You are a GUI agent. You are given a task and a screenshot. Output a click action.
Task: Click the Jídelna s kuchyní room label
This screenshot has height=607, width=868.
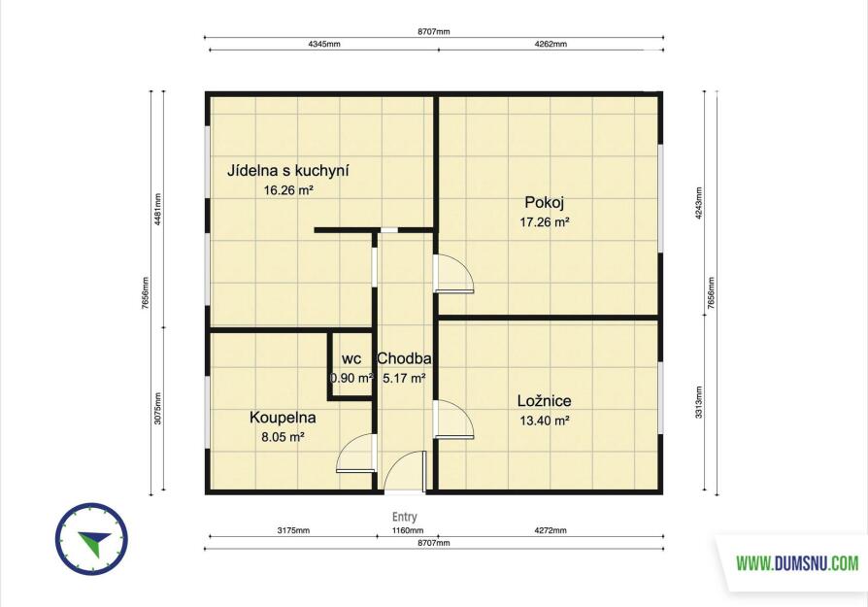point(287,171)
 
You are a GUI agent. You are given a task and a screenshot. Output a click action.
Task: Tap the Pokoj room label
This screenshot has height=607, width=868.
point(545,203)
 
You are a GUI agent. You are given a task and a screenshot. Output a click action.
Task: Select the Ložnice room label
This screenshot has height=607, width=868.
point(545,401)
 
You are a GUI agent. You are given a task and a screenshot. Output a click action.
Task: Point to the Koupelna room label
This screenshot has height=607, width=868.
point(283,418)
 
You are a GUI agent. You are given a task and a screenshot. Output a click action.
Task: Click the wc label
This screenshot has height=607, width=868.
point(351,359)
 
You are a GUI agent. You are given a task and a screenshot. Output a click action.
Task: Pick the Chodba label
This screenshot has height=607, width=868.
point(404,359)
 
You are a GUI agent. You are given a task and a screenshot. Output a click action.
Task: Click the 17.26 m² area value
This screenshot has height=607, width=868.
point(545,222)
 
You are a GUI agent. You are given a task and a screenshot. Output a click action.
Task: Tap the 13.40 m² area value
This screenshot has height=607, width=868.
point(545,421)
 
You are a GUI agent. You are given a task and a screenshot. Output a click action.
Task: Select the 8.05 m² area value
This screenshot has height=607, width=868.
point(283,438)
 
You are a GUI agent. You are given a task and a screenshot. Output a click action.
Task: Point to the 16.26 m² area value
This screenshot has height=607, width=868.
point(288,191)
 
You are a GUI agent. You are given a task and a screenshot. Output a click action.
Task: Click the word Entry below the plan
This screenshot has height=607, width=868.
point(405,517)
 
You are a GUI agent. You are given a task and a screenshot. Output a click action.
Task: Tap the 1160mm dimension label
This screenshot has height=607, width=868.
point(408,530)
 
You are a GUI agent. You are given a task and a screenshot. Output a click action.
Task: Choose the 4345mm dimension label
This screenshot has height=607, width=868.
point(324,45)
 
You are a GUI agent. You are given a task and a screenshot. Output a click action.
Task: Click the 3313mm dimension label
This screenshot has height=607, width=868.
point(699,402)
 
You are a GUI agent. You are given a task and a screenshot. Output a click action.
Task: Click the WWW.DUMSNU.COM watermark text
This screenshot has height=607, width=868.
point(797,564)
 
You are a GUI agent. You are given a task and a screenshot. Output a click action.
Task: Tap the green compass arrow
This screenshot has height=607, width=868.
point(95,541)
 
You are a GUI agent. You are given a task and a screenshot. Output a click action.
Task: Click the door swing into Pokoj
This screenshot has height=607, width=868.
point(454,273)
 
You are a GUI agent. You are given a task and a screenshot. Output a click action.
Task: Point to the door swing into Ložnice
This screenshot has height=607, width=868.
point(454,420)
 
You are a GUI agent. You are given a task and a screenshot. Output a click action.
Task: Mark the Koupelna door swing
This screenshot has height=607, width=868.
point(356,453)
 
